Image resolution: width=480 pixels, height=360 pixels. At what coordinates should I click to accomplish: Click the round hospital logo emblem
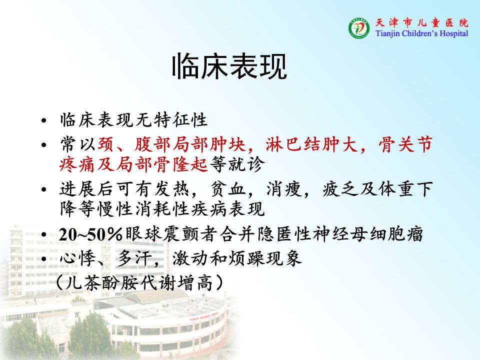coord(359,28)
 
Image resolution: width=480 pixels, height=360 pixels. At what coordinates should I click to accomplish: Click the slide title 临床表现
coord(229,66)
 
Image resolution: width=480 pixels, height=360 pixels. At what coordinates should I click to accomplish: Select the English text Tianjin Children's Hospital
coord(422,33)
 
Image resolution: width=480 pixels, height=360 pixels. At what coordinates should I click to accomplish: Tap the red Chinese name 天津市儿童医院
coord(422,22)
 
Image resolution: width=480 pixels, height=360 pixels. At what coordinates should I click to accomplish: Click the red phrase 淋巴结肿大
coord(311,144)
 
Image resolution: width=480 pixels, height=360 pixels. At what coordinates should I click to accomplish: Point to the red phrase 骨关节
coord(405,144)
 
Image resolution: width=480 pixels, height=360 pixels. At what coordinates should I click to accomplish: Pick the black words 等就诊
coord(237,164)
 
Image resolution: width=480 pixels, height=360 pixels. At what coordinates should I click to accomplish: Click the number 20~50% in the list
coord(90,234)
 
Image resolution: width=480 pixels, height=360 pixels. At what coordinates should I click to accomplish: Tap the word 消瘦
coord(284,189)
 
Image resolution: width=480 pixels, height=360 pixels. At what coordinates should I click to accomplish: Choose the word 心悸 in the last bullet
coord(77,258)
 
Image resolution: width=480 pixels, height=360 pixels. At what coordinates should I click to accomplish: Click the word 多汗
coord(133,258)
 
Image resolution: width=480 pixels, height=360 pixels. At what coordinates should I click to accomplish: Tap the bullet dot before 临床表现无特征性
coord(44,120)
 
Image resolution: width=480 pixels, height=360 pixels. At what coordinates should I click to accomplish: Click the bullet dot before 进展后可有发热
coord(44,189)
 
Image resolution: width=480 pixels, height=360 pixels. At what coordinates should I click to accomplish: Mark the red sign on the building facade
coord(204,316)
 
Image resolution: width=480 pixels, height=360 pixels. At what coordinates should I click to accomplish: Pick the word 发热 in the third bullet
coord(172,189)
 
